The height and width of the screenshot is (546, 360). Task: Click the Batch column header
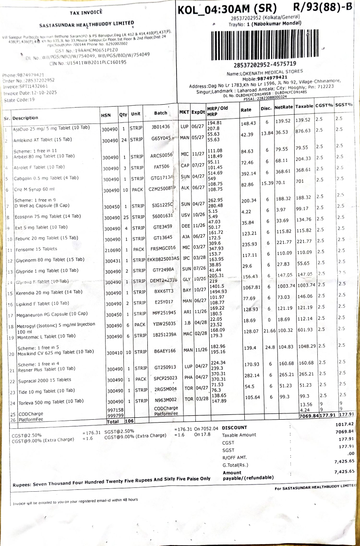click(x=161, y=113)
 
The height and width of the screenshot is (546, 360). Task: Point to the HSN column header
click(x=106, y=115)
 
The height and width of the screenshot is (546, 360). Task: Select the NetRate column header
click(x=284, y=106)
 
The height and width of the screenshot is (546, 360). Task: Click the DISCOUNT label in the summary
click(x=235, y=427)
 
